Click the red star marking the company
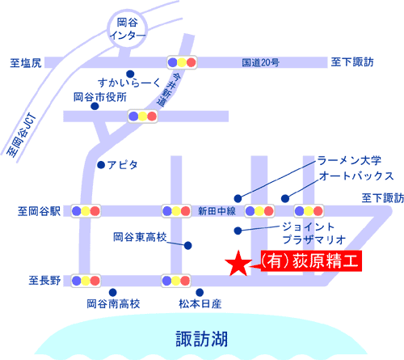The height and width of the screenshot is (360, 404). (238, 265)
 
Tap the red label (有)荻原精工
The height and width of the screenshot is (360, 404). (311, 261)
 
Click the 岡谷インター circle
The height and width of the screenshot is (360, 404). (128, 29)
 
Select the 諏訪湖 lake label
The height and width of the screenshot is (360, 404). (202, 339)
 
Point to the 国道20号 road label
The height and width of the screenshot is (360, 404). (260, 62)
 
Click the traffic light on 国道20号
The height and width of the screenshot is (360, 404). (182, 62)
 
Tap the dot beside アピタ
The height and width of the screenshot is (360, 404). (101, 165)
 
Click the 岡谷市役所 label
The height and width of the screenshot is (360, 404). (100, 97)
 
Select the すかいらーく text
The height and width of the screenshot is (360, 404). (129, 83)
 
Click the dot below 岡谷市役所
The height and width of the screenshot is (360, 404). (95, 106)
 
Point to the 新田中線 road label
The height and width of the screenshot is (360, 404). (217, 211)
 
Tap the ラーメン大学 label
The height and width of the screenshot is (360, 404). (349, 160)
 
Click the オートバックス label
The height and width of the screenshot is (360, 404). (356, 176)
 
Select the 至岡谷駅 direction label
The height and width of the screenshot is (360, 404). (40, 211)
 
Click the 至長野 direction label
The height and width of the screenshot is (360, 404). (44, 281)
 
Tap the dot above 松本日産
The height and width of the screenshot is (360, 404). (200, 292)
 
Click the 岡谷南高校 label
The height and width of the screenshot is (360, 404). (113, 304)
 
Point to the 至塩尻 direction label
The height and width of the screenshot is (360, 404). (26, 63)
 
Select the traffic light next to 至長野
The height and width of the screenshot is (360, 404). (86, 281)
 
